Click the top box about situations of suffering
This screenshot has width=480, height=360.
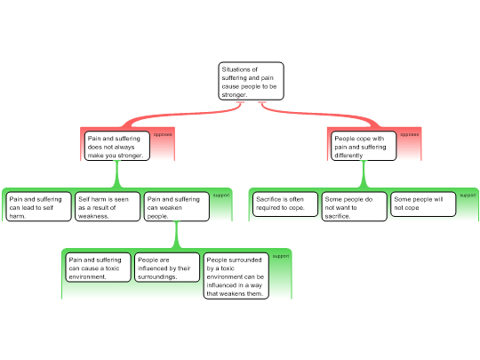click(x=252, y=81)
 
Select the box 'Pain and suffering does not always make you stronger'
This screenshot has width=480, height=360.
click(x=116, y=147)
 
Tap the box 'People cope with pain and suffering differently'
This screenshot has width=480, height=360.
click(x=362, y=147)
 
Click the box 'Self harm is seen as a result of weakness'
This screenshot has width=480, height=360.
click(x=107, y=207)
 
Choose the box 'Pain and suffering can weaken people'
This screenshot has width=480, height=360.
click(x=176, y=207)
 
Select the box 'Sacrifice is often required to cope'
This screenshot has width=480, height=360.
click(x=284, y=204)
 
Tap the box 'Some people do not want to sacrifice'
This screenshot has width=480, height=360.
click(x=354, y=207)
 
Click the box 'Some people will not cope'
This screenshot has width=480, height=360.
click(x=423, y=204)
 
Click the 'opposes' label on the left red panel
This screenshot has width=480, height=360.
click(x=163, y=134)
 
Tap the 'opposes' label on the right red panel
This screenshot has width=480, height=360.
click(x=409, y=134)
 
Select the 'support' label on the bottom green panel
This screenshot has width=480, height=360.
click(x=280, y=256)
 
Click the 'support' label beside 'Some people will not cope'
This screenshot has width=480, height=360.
click(x=468, y=195)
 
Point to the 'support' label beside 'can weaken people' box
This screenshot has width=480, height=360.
click(x=221, y=195)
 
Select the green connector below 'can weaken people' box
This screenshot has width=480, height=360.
click(x=176, y=236)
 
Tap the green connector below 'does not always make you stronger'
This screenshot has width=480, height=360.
click(x=116, y=175)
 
